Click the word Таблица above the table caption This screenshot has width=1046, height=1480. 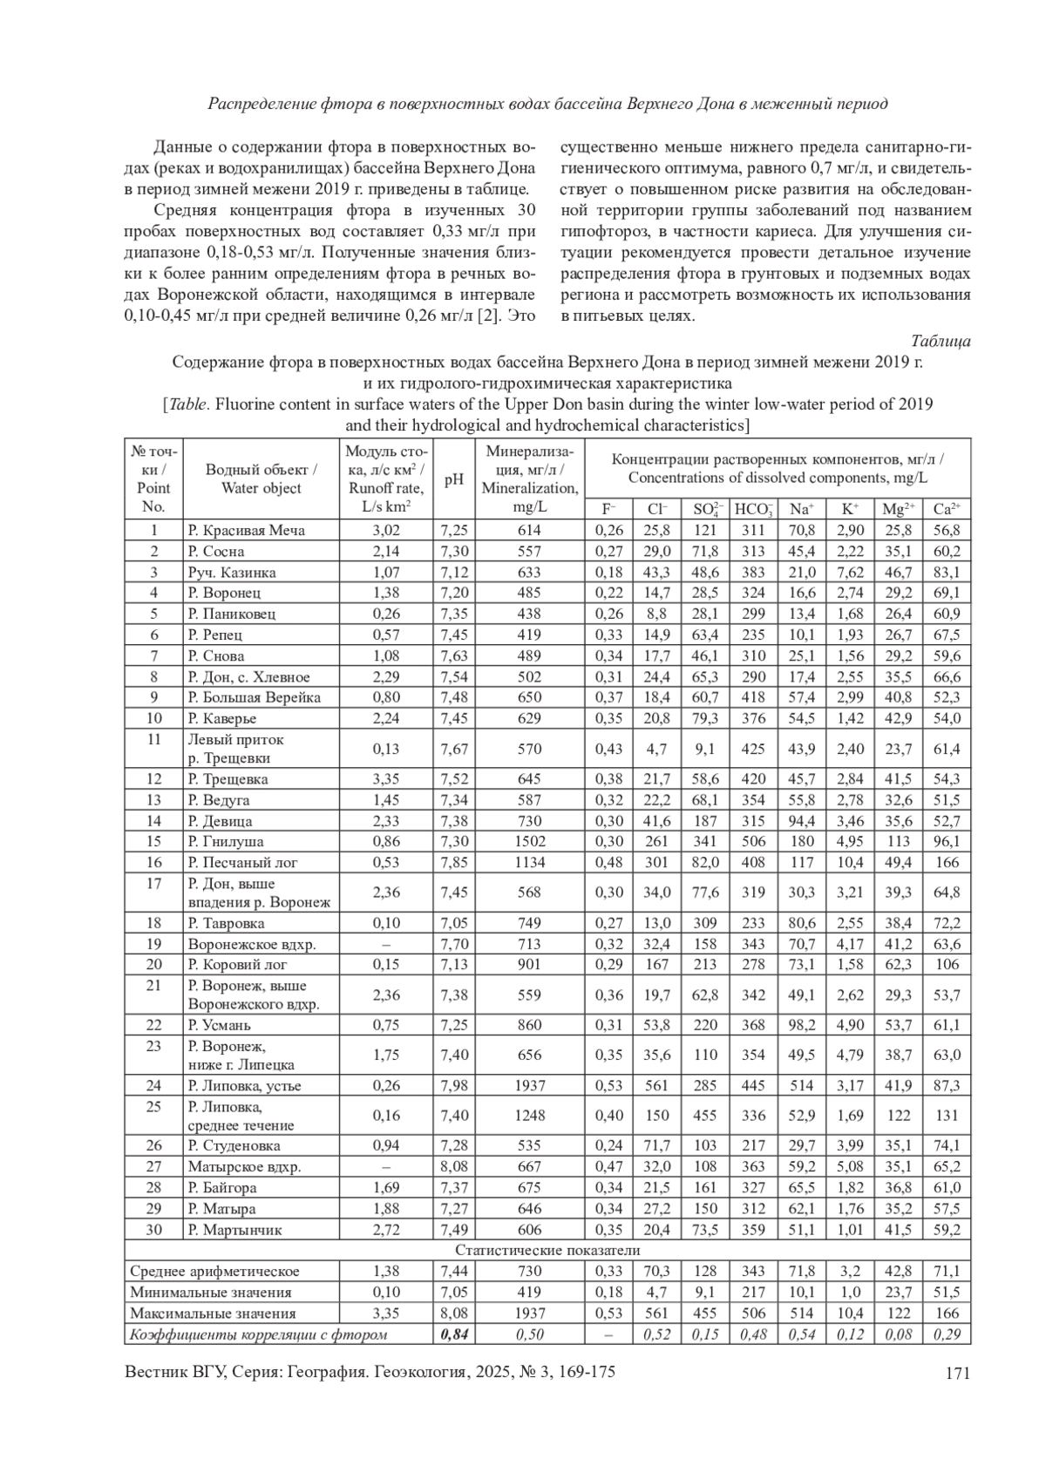point(941,341)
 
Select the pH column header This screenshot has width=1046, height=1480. point(454,479)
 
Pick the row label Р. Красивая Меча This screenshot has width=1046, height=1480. point(247,530)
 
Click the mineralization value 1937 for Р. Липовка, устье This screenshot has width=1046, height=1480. point(529,1085)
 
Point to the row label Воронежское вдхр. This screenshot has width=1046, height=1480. point(252,944)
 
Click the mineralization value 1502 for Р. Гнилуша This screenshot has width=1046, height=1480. point(529,841)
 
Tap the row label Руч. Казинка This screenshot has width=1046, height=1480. point(232,572)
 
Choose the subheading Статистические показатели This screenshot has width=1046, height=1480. point(547,1251)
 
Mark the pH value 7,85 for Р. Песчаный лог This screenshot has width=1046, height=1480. point(454,862)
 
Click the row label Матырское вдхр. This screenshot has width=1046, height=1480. point(245,1166)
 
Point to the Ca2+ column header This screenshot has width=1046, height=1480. point(947,509)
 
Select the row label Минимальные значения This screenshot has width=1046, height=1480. point(211,1293)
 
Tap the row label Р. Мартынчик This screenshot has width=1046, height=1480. point(235,1230)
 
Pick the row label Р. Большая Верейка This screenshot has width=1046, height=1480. point(255,697)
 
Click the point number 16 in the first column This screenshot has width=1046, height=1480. point(154,862)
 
